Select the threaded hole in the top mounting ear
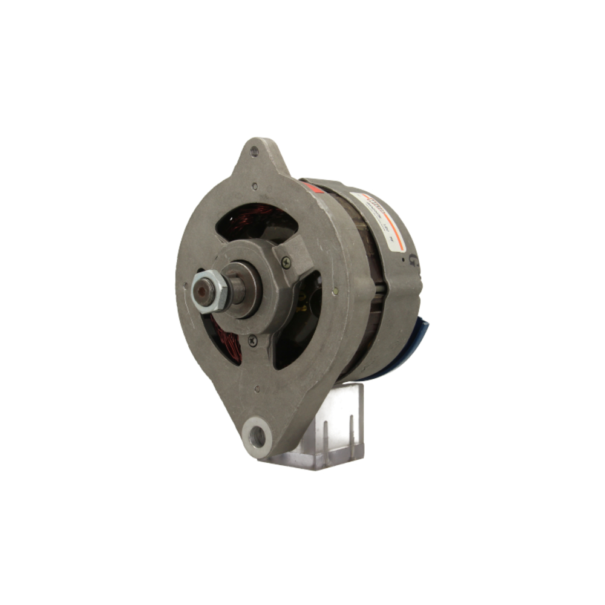[x=254, y=152]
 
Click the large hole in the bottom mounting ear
[x=257, y=435]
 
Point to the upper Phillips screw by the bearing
[x=286, y=261]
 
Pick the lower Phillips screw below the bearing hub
[x=252, y=341]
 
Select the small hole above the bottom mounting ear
[x=258, y=390]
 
